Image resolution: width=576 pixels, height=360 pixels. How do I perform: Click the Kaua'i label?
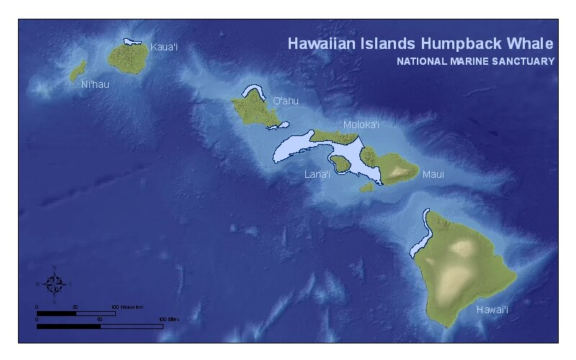tap(164, 48)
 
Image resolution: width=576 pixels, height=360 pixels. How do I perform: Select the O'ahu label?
tap(285, 101)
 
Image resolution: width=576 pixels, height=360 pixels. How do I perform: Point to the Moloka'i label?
tap(361, 125)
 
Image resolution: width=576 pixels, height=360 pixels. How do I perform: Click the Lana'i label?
tap(317, 174)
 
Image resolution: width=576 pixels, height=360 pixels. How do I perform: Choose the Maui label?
tap(433, 174)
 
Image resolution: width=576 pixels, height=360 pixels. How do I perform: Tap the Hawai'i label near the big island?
tap(492, 310)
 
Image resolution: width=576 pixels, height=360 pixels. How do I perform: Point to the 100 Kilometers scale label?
tap(127, 307)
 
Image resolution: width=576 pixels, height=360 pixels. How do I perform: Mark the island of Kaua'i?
tap(127, 58)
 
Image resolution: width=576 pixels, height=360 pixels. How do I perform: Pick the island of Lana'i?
tap(341, 164)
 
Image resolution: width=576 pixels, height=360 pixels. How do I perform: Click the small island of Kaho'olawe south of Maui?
tap(366, 187)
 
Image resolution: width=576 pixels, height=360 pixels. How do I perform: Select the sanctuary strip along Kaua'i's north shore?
tap(133, 42)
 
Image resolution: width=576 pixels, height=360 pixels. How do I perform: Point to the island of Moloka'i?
tap(335, 136)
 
